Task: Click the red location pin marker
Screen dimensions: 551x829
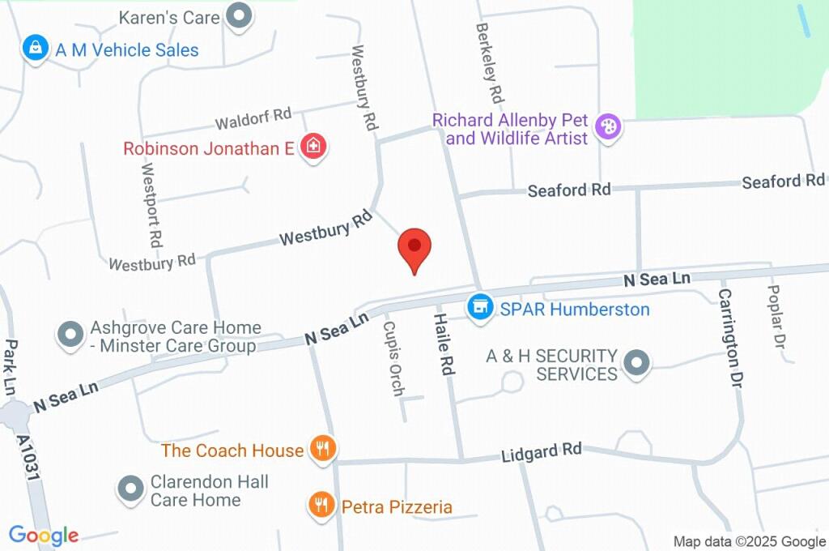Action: pyautogui.click(x=414, y=248)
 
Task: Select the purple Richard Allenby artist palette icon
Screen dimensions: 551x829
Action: pyautogui.click(x=607, y=126)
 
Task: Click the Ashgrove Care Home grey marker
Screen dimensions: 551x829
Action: pyautogui.click(x=70, y=334)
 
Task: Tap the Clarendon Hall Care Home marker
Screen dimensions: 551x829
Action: pyautogui.click(x=130, y=489)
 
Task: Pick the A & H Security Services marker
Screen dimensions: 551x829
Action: pyautogui.click(x=637, y=362)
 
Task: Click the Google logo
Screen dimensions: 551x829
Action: pyautogui.click(x=44, y=535)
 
